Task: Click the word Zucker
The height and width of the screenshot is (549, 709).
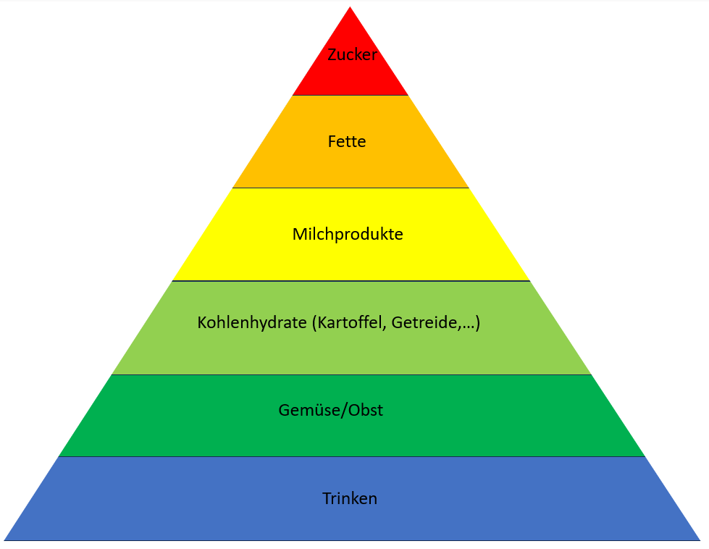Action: click(352, 55)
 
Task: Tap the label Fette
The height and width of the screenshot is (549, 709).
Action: click(347, 142)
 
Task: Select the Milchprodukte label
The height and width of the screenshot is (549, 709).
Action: click(348, 235)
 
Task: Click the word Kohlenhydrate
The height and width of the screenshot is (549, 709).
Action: click(252, 323)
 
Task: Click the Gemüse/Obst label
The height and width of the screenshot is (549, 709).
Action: click(331, 411)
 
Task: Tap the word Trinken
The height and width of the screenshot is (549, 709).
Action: click(350, 499)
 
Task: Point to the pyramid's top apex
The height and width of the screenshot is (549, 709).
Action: click(351, 9)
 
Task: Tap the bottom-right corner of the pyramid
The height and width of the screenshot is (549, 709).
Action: click(699, 540)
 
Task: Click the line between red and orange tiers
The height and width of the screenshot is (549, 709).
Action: click(351, 96)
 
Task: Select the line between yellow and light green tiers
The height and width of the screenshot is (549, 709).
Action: click(351, 281)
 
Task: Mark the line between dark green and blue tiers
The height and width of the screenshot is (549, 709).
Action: click(351, 456)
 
